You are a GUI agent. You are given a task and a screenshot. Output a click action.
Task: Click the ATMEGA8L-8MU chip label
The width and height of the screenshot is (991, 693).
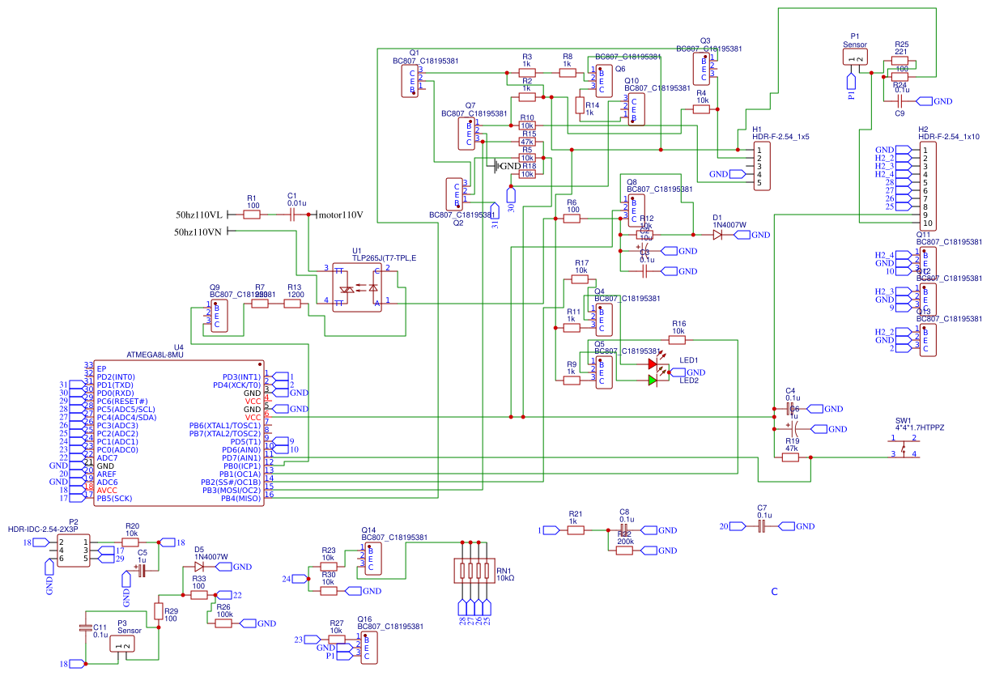[155, 355]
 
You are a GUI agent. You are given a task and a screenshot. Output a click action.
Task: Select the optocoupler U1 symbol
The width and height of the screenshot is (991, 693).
[357, 286]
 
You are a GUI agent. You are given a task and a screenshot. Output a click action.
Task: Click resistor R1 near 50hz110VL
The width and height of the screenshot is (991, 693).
[252, 215]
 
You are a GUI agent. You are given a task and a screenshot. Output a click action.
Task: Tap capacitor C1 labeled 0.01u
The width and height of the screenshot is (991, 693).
[291, 215]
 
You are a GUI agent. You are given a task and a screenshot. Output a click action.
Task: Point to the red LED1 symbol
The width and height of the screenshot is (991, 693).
[653, 364]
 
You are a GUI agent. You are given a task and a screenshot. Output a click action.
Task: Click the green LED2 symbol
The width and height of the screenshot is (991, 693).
[653, 380]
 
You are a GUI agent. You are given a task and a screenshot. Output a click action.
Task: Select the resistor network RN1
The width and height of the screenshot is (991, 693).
[474, 571]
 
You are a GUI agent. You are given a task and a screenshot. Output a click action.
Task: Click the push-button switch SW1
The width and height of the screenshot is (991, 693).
[904, 447]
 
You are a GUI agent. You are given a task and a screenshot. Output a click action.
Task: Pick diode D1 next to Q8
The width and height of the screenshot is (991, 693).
[717, 235]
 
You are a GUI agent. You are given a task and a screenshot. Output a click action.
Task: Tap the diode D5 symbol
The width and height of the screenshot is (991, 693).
[199, 567]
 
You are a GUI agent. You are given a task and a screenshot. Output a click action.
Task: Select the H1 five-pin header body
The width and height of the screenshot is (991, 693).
[761, 166]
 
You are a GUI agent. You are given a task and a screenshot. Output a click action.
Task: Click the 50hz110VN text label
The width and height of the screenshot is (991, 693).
[198, 232]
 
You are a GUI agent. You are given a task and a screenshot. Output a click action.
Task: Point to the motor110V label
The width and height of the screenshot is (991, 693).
[340, 215]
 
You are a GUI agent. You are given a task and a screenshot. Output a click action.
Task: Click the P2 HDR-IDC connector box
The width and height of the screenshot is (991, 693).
[74, 551]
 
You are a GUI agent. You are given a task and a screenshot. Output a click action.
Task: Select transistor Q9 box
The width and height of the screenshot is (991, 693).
[217, 316]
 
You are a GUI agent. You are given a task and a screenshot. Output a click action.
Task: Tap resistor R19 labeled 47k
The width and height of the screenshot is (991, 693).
[791, 457]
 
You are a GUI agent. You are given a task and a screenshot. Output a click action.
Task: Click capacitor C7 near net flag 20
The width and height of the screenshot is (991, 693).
[762, 526]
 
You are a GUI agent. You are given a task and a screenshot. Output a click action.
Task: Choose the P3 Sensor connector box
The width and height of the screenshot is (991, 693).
[123, 644]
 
